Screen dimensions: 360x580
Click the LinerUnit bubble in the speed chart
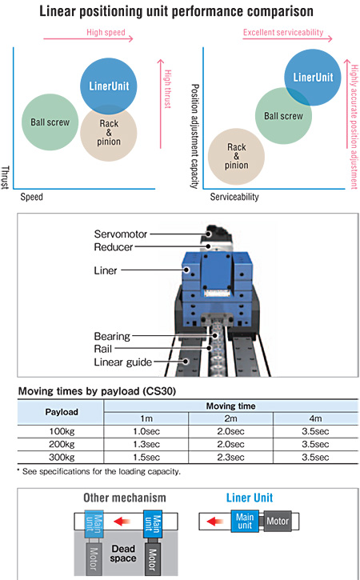(x=109, y=86)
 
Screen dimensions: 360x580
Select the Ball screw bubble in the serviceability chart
(x=283, y=116)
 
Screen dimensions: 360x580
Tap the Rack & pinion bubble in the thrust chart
(x=109, y=133)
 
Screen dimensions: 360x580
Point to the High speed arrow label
(x=106, y=32)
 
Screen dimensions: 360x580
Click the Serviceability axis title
(x=234, y=197)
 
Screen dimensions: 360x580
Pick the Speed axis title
(x=31, y=197)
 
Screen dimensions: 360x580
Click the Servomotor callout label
(x=121, y=234)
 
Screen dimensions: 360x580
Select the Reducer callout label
(x=114, y=247)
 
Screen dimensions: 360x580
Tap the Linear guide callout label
(x=123, y=362)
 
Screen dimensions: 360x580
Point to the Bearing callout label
(x=112, y=336)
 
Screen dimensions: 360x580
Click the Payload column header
(x=62, y=412)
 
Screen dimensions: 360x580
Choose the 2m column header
(x=230, y=418)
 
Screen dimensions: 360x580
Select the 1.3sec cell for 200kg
(x=146, y=444)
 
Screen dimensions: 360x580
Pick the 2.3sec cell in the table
(x=230, y=457)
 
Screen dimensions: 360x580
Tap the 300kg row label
(x=62, y=457)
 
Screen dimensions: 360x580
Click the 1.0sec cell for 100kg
(x=146, y=431)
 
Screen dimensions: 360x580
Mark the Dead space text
(x=123, y=554)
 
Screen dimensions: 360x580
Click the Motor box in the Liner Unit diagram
(x=278, y=521)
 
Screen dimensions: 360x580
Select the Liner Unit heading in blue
(x=250, y=498)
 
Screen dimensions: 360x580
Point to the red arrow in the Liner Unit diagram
(x=215, y=522)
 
